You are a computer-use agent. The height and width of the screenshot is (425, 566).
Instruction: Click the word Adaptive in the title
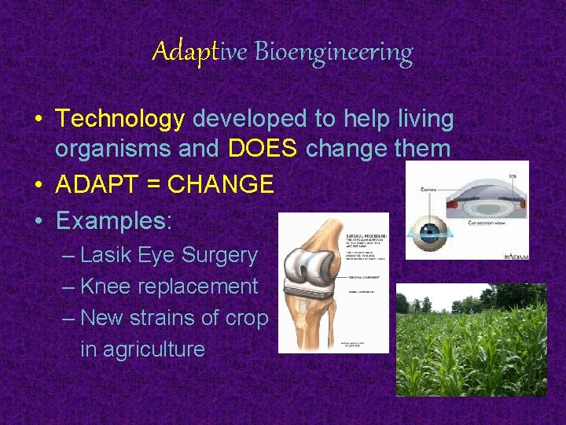[x=200, y=52]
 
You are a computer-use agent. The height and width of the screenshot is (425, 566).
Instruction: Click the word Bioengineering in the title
[x=333, y=53]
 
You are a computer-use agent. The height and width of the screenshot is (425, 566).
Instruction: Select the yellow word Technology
[x=120, y=119]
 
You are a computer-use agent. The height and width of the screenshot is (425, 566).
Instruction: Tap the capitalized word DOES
[x=263, y=149]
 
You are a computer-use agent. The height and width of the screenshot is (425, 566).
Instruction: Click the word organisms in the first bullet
[x=109, y=149]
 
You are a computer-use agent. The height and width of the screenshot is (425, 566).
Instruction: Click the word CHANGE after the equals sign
[x=221, y=185]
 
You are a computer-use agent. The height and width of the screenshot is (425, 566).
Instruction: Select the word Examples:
[x=114, y=220]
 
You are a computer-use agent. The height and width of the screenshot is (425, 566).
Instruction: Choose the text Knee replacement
[x=169, y=286]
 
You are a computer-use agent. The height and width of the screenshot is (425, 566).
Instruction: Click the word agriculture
[x=142, y=349]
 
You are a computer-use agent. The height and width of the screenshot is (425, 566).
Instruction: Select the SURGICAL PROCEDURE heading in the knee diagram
[x=366, y=236]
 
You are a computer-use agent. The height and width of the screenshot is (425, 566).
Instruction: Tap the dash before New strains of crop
[x=68, y=319]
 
